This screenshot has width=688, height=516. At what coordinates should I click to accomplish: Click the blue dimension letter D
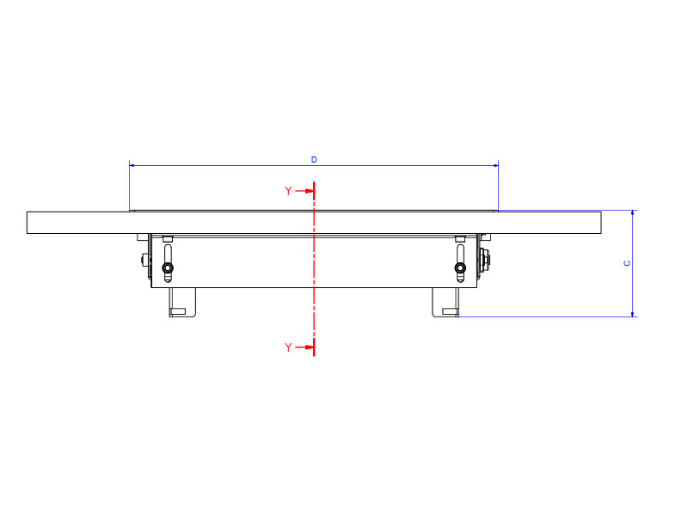pos(314,160)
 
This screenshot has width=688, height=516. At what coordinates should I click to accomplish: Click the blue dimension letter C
pos(627,263)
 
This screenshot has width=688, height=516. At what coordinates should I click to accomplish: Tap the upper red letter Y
pos(288,191)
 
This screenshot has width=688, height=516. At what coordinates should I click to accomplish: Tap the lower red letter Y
pos(288,347)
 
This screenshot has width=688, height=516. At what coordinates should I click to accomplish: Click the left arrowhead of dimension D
pos(132,164)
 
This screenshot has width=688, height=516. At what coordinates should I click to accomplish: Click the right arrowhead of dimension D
pos(495,164)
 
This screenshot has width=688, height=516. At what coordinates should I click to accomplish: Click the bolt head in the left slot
pos(168,269)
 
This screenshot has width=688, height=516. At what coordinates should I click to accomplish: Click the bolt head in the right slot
pos(461,269)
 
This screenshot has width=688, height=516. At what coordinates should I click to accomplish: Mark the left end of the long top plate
pos(28,222)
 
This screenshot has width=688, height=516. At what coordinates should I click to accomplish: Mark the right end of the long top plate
pos(599,222)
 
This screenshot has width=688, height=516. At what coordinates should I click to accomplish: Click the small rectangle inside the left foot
pos(178,310)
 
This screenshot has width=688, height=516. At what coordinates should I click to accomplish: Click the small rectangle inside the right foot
pos(450,310)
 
